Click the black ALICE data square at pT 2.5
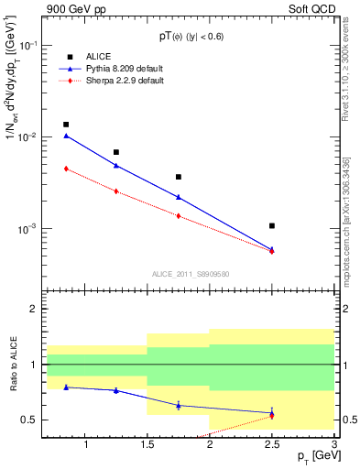[x=272, y=225]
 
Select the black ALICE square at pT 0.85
[x=66, y=125]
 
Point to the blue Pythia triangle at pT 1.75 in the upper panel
[x=179, y=197]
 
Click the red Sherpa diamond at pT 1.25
[x=115, y=191]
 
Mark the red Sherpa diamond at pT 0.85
[x=66, y=169]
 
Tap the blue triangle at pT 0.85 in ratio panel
[x=66, y=387]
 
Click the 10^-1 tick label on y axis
[x=27, y=45]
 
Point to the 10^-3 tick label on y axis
[x=27, y=228]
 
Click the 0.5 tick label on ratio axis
[x=29, y=420]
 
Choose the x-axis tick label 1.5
[x=147, y=444]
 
